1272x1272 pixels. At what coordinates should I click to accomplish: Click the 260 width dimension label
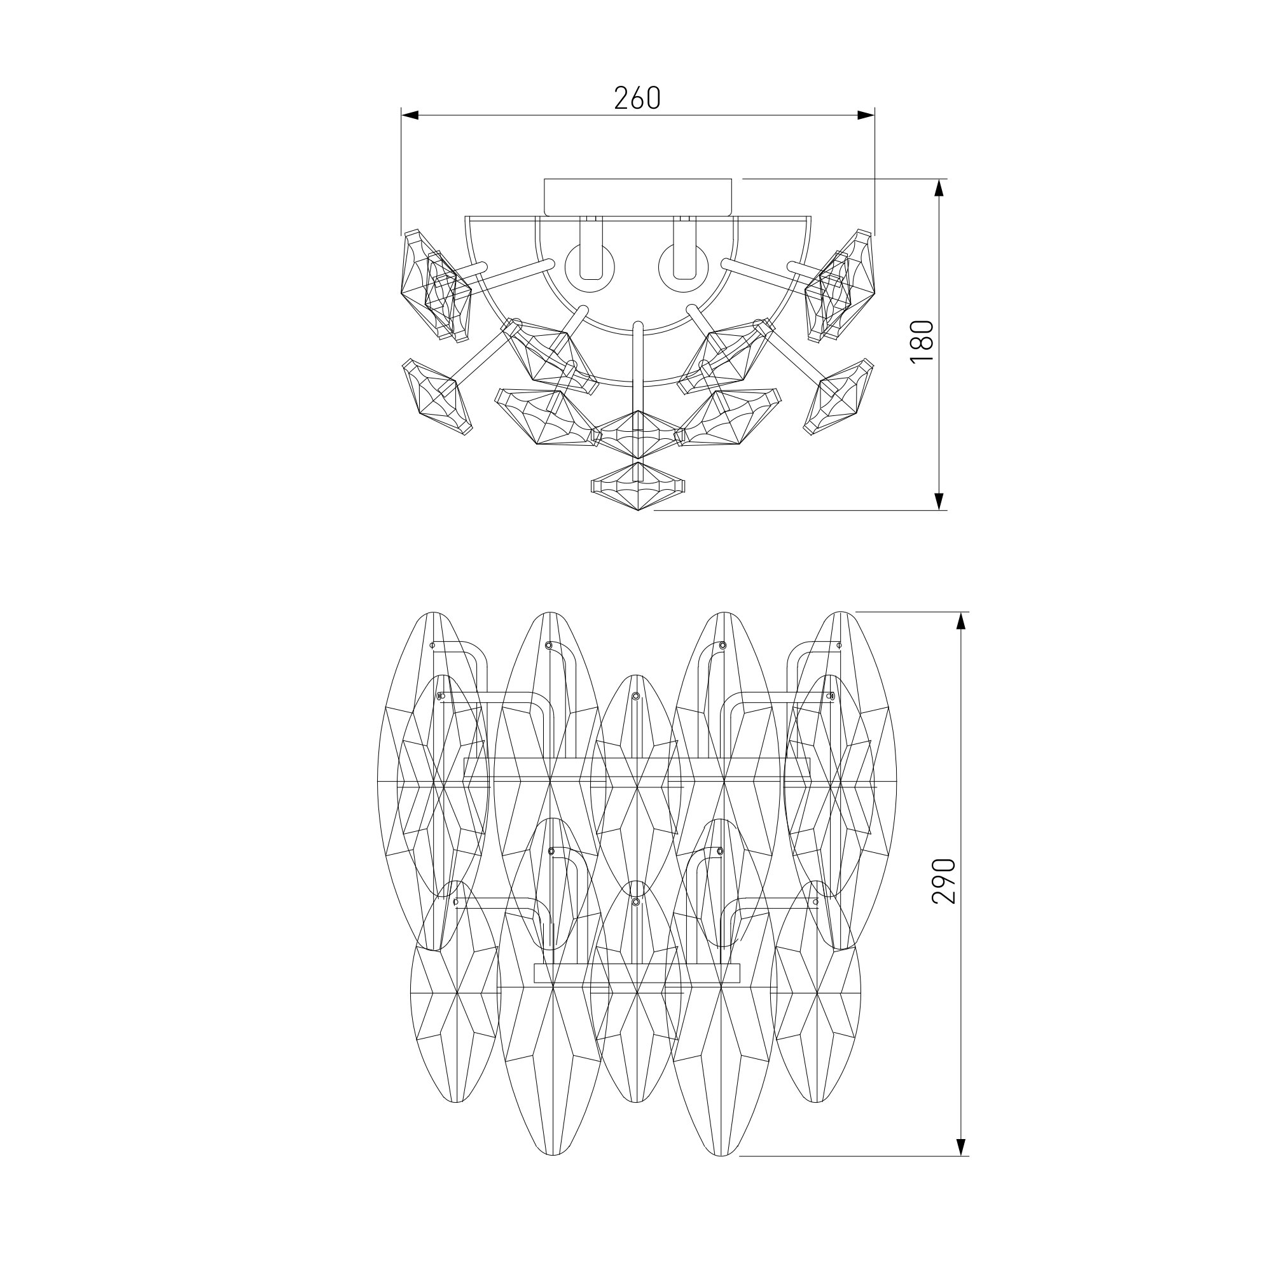(637, 98)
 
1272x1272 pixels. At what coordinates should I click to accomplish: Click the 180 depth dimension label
(922, 341)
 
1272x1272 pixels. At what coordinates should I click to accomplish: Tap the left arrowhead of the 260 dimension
(410, 115)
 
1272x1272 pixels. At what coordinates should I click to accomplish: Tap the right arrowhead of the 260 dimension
(866, 115)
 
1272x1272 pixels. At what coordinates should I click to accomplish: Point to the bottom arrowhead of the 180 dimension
(939, 501)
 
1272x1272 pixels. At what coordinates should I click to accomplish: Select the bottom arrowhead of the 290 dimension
(962, 1146)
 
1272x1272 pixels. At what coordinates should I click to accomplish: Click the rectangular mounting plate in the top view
(637, 197)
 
